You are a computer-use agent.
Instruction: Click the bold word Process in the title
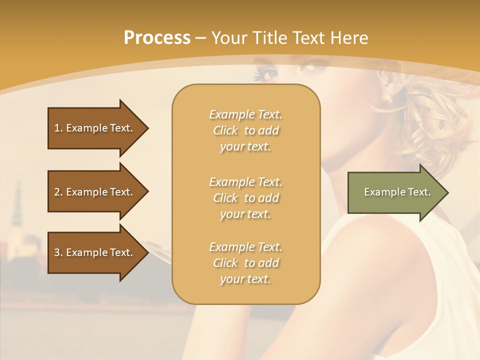click(157, 38)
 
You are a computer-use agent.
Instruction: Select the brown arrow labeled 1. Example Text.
click(95, 128)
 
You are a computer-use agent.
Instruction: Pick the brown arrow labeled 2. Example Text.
click(95, 192)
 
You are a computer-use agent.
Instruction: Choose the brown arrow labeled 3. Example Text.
click(95, 252)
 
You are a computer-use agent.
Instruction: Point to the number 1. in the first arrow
click(58, 128)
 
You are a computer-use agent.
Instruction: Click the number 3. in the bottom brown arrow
click(58, 252)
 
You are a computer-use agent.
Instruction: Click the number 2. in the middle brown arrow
click(58, 192)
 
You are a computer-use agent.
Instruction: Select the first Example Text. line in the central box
click(245, 114)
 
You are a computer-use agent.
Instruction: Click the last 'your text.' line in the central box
click(245, 279)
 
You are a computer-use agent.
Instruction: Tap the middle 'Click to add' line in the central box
click(245, 198)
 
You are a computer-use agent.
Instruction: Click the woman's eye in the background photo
click(268, 74)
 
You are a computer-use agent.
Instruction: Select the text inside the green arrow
click(397, 192)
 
